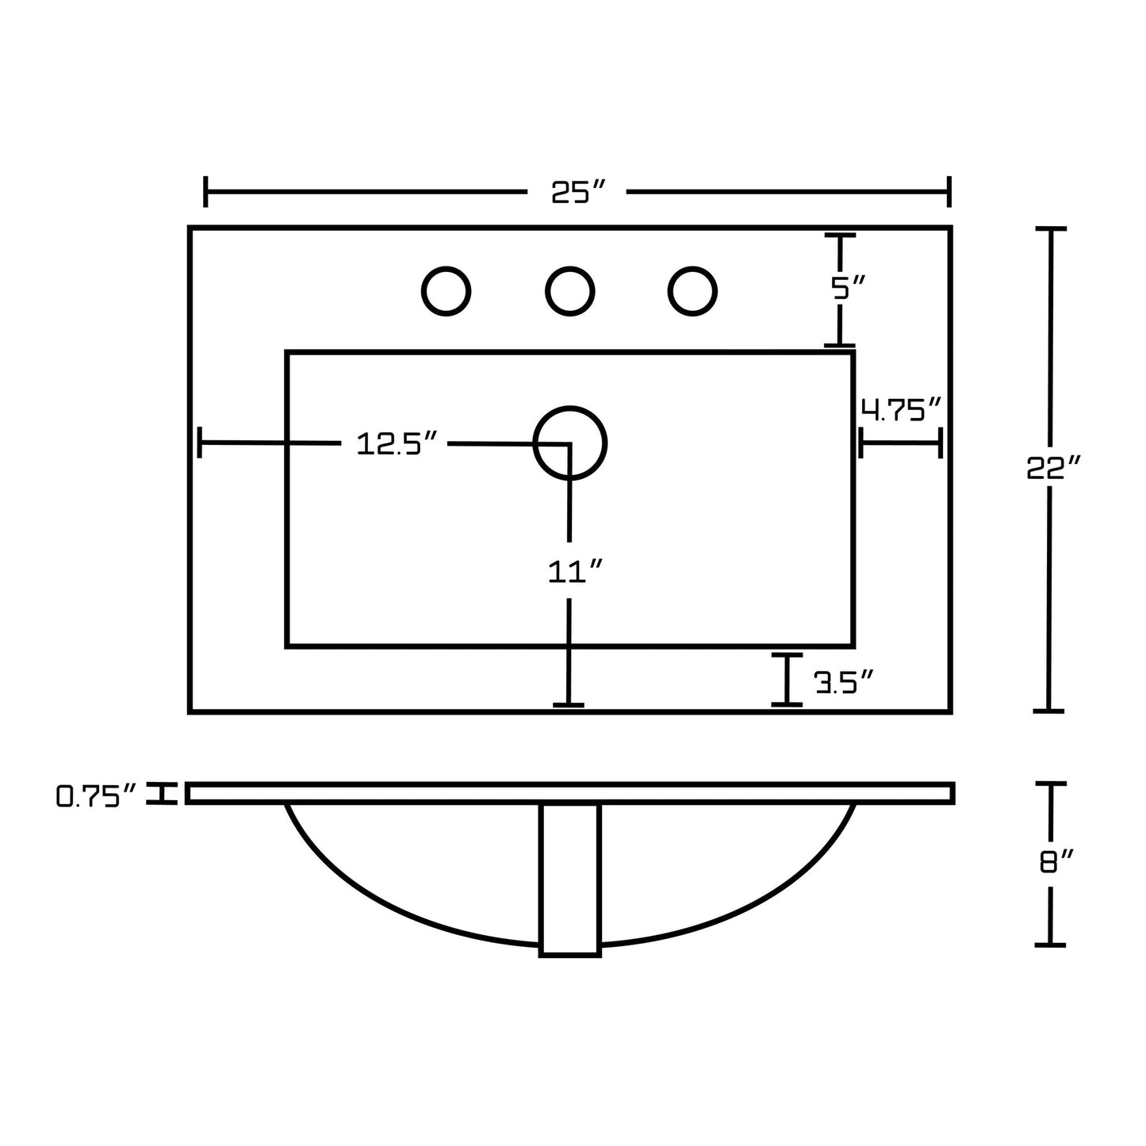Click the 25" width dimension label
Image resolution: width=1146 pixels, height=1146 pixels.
[577, 191]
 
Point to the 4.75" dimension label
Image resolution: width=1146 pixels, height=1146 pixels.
[901, 409]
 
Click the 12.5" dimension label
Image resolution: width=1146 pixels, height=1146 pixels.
[397, 443]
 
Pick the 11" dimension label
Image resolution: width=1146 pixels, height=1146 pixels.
[575, 571]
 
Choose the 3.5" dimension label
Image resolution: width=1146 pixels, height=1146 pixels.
[843, 681]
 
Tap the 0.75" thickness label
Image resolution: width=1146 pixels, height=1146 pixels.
[97, 795]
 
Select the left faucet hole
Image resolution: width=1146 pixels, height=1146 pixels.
[446, 291]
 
